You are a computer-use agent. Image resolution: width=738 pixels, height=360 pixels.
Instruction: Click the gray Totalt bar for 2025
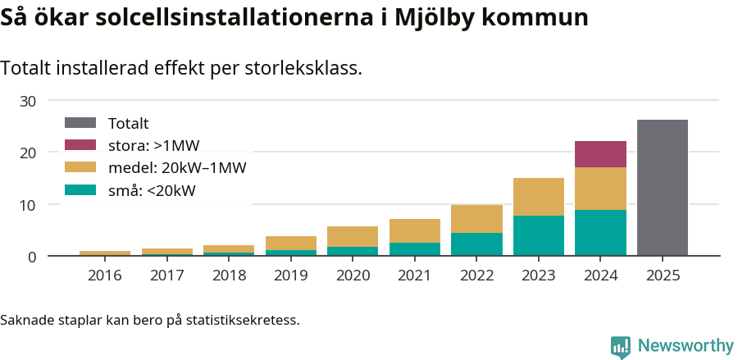(x=662, y=188)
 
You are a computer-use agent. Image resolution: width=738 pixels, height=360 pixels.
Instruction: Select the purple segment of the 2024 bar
(x=600, y=154)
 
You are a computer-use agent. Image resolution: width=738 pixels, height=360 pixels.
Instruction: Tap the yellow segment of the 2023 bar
(x=539, y=197)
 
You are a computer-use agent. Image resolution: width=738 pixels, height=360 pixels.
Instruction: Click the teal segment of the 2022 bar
(x=476, y=244)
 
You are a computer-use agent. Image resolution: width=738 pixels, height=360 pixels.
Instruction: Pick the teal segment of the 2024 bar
(x=600, y=233)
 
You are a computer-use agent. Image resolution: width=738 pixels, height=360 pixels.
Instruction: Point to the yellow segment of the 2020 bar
(x=353, y=236)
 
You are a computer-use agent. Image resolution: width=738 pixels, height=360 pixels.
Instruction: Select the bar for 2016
(x=105, y=253)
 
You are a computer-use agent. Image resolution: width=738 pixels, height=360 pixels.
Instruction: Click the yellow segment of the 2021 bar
(x=415, y=230)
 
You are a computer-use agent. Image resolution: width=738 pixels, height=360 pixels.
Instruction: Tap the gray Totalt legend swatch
(x=80, y=123)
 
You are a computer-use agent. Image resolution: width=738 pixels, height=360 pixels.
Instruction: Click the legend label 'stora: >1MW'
(x=153, y=146)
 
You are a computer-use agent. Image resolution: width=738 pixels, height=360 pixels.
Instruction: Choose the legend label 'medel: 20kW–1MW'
(x=177, y=168)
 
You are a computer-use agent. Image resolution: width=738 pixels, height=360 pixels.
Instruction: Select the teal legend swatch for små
(x=80, y=191)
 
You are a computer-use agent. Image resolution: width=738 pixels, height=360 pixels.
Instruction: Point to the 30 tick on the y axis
(x=29, y=101)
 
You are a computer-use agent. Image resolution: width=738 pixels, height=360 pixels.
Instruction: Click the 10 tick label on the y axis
(x=29, y=205)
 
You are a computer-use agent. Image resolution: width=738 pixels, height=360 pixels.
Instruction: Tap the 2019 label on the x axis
(x=290, y=276)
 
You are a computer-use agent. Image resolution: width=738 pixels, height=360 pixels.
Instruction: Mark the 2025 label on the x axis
(x=663, y=276)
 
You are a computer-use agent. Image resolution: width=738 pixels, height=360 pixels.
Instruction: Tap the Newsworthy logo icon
(x=621, y=346)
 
